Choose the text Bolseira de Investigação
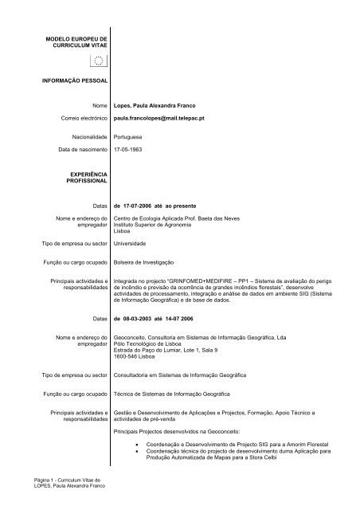149,262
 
